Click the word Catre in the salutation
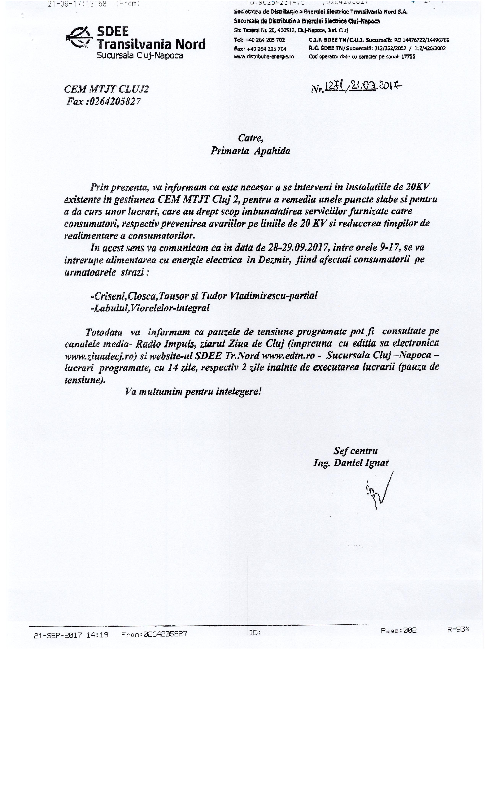[x=250, y=138]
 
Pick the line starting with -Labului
[x=150, y=308]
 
